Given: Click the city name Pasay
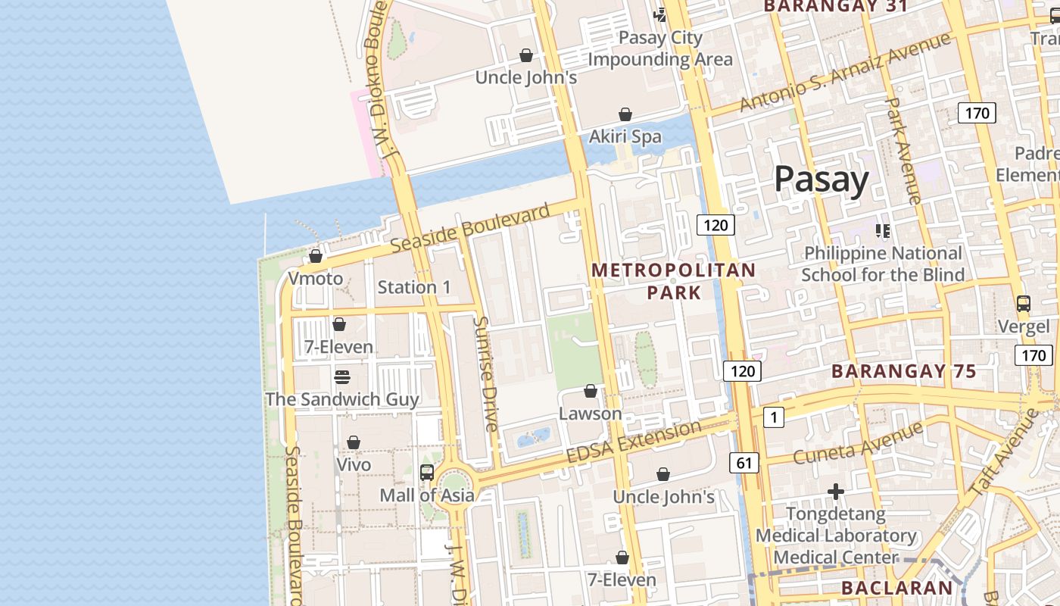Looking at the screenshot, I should pyautogui.click(x=821, y=180).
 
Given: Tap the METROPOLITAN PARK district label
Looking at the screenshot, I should pyautogui.click(x=673, y=281).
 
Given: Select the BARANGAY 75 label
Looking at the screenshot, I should pyautogui.click(x=903, y=371).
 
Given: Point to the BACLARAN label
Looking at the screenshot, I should pyautogui.click(x=896, y=588).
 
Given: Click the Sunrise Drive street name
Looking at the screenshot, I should pyautogui.click(x=485, y=373).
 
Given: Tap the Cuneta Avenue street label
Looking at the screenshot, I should pyautogui.click(x=857, y=443).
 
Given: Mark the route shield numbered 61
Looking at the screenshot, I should pyautogui.click(x=744, y=462).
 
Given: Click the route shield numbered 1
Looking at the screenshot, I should pyautogui.click(x=773, y=417).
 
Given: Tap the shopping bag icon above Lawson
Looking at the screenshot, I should pyautogui.click(x=591, y=391).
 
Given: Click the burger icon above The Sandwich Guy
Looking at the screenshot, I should pyautogui.click(x=341, y=376).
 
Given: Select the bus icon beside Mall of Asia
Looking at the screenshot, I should pyautogui.click(x=427, y=473).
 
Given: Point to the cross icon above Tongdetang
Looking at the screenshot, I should pyautogui.click(x=835, y=492).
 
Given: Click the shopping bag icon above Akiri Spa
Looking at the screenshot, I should pyautogui.click(x=625, y=114).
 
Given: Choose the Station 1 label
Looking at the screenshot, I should pyautogui.click(x=414, y=287).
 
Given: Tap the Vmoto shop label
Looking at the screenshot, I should pyautogui.click(x=316, y=279).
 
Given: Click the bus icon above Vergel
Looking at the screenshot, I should pyautogui.click(x=1023, y=304).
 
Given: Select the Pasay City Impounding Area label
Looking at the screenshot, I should pyautogui.click(x=660, y=48).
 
